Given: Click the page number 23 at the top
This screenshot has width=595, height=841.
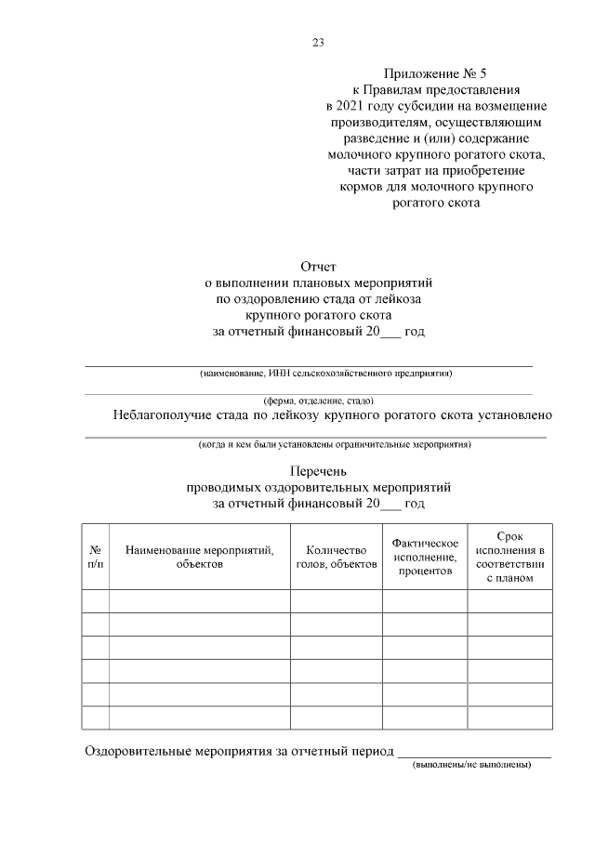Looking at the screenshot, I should [x=319, y=43].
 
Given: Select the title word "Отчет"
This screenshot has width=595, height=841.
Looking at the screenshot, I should [x=319, y=267].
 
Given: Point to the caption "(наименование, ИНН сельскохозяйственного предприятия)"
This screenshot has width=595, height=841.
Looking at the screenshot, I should [x=325, y=373].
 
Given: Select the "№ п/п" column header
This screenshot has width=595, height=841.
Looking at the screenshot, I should [x=95, y=557].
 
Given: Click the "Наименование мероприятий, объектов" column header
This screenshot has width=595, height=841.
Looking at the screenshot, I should [x=199, y=557].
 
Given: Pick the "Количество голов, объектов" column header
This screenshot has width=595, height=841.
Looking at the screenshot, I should [x=336, y=557].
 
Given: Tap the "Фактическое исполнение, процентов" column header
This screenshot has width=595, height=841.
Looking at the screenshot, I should [x=425, y=557].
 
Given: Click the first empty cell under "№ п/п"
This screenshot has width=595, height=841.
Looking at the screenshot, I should [x=95, y=601].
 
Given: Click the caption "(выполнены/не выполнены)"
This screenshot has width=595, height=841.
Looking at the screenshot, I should [x=471, y=765].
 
